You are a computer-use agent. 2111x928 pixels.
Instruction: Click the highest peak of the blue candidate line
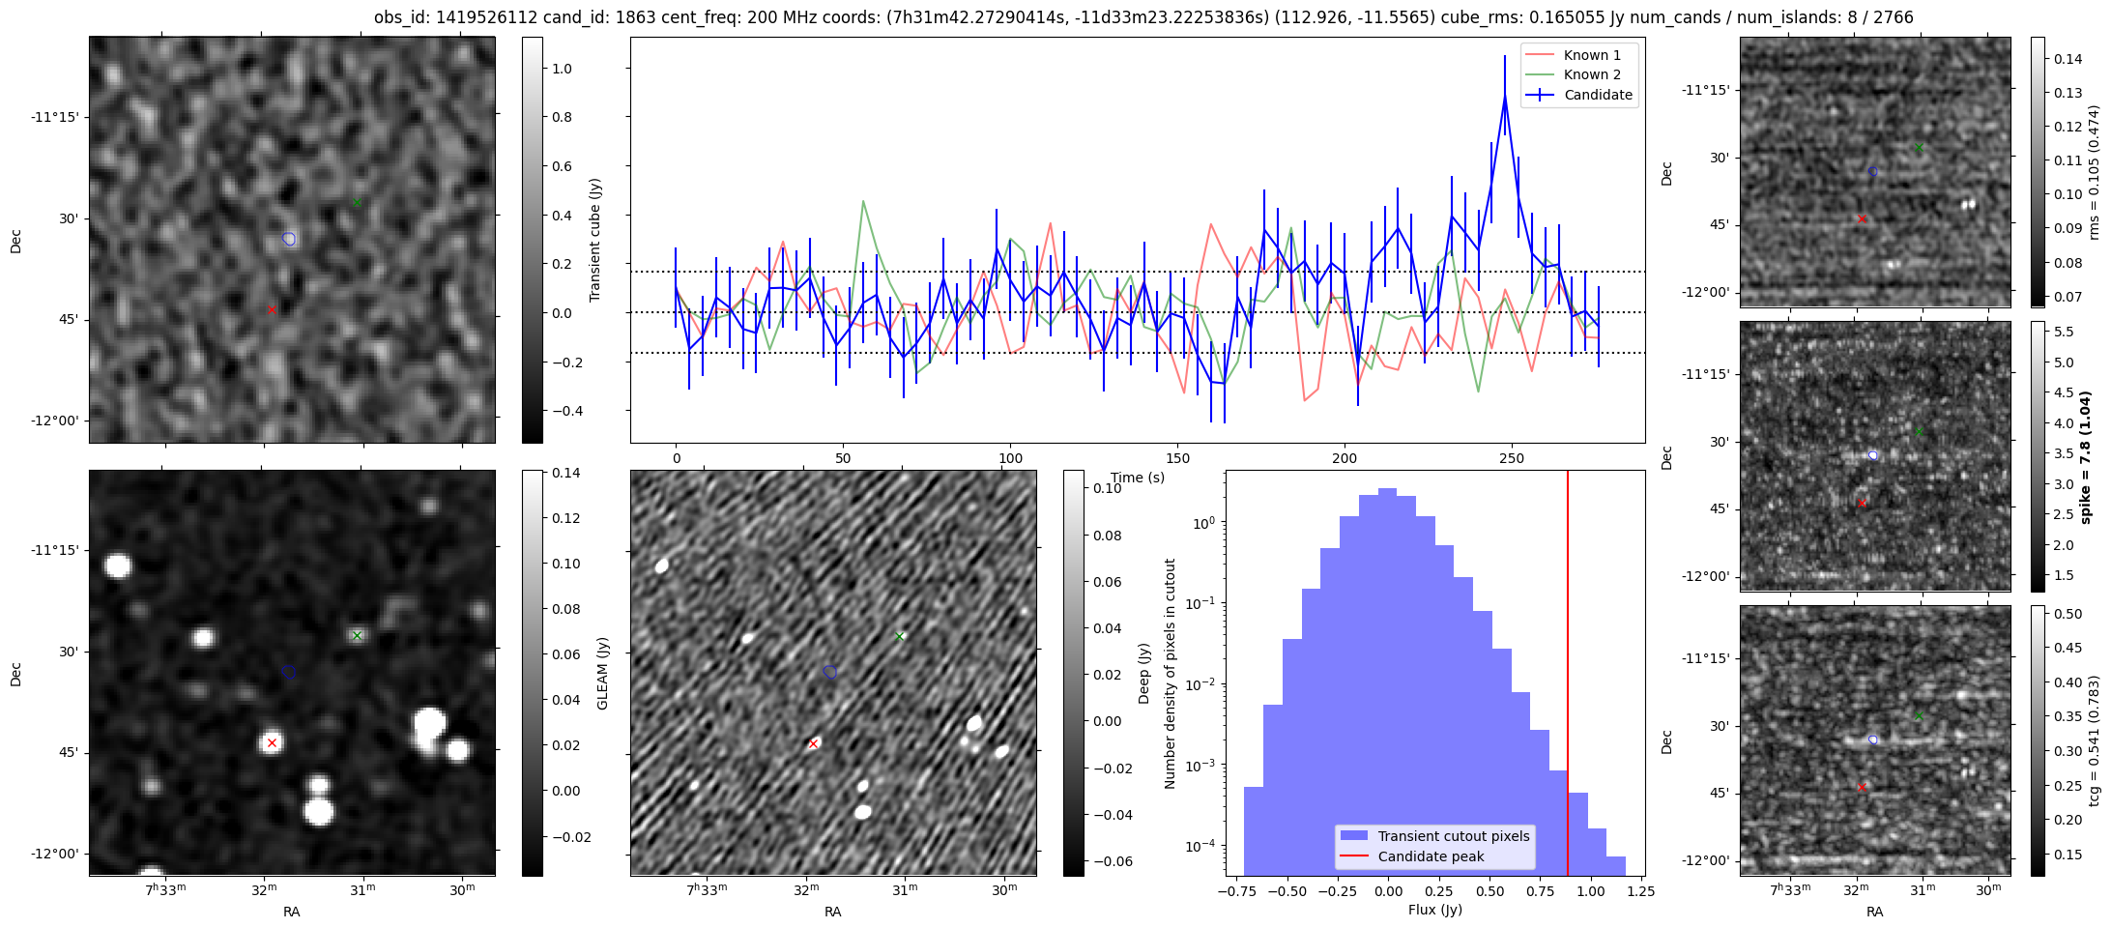point(1505,96)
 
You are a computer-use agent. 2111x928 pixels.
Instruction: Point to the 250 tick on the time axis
point(1511,458)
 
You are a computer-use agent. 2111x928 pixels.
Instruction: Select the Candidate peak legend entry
point(1431,856)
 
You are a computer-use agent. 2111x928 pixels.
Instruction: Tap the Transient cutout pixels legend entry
point(1453,836)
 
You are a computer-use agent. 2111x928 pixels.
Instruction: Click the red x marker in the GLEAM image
point(272,742)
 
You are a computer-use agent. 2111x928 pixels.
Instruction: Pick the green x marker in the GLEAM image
point(358,635)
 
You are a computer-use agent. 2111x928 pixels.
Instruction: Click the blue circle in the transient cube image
point(289,239)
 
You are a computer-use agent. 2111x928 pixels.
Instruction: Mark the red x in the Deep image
point(813,743)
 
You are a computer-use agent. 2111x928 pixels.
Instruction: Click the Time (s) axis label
point(1138,478)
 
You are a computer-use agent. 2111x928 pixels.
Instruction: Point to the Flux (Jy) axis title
point(1434,910)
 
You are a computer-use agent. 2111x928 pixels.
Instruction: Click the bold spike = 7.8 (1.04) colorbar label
point(2085,457)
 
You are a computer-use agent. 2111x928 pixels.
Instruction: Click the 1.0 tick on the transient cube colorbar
point(562,69)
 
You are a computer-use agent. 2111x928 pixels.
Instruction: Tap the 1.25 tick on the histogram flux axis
point(1640,891)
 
